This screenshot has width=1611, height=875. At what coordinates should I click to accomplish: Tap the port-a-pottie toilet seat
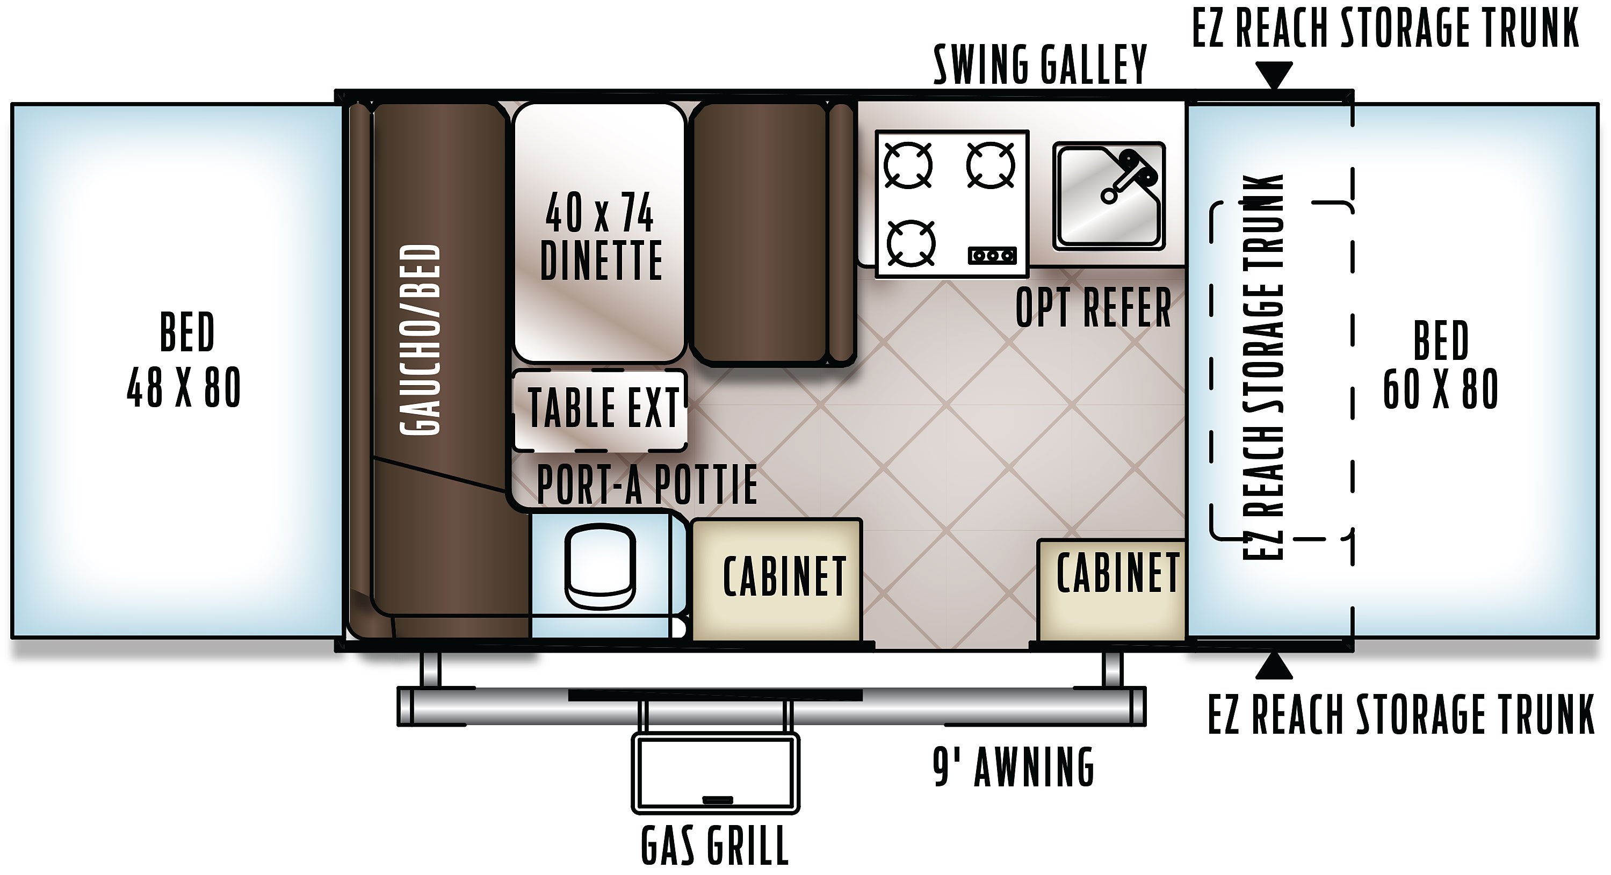click(x=599, y=566)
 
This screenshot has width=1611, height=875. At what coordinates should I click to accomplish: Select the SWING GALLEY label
click(x=1040, y=64)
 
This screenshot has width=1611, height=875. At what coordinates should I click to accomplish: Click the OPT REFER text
click(x=1093, y=307)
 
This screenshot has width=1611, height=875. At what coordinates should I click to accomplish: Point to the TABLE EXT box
click(x=599, y=410)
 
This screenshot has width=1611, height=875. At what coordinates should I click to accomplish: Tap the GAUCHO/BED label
click(x=420, y=339)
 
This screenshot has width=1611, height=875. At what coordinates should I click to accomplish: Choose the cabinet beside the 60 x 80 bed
click(x=1111, y=590)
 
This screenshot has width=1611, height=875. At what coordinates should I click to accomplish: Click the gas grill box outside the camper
click(x=716, y=773)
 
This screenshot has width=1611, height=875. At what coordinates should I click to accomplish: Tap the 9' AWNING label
click(x=1014, y=767)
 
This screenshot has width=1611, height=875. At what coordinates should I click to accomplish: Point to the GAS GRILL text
click(x=715, y=845)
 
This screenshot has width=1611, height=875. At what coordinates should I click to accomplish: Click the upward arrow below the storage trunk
click(x=1274, y=666)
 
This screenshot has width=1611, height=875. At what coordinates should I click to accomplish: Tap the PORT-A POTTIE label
click(x=647, y=484)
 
